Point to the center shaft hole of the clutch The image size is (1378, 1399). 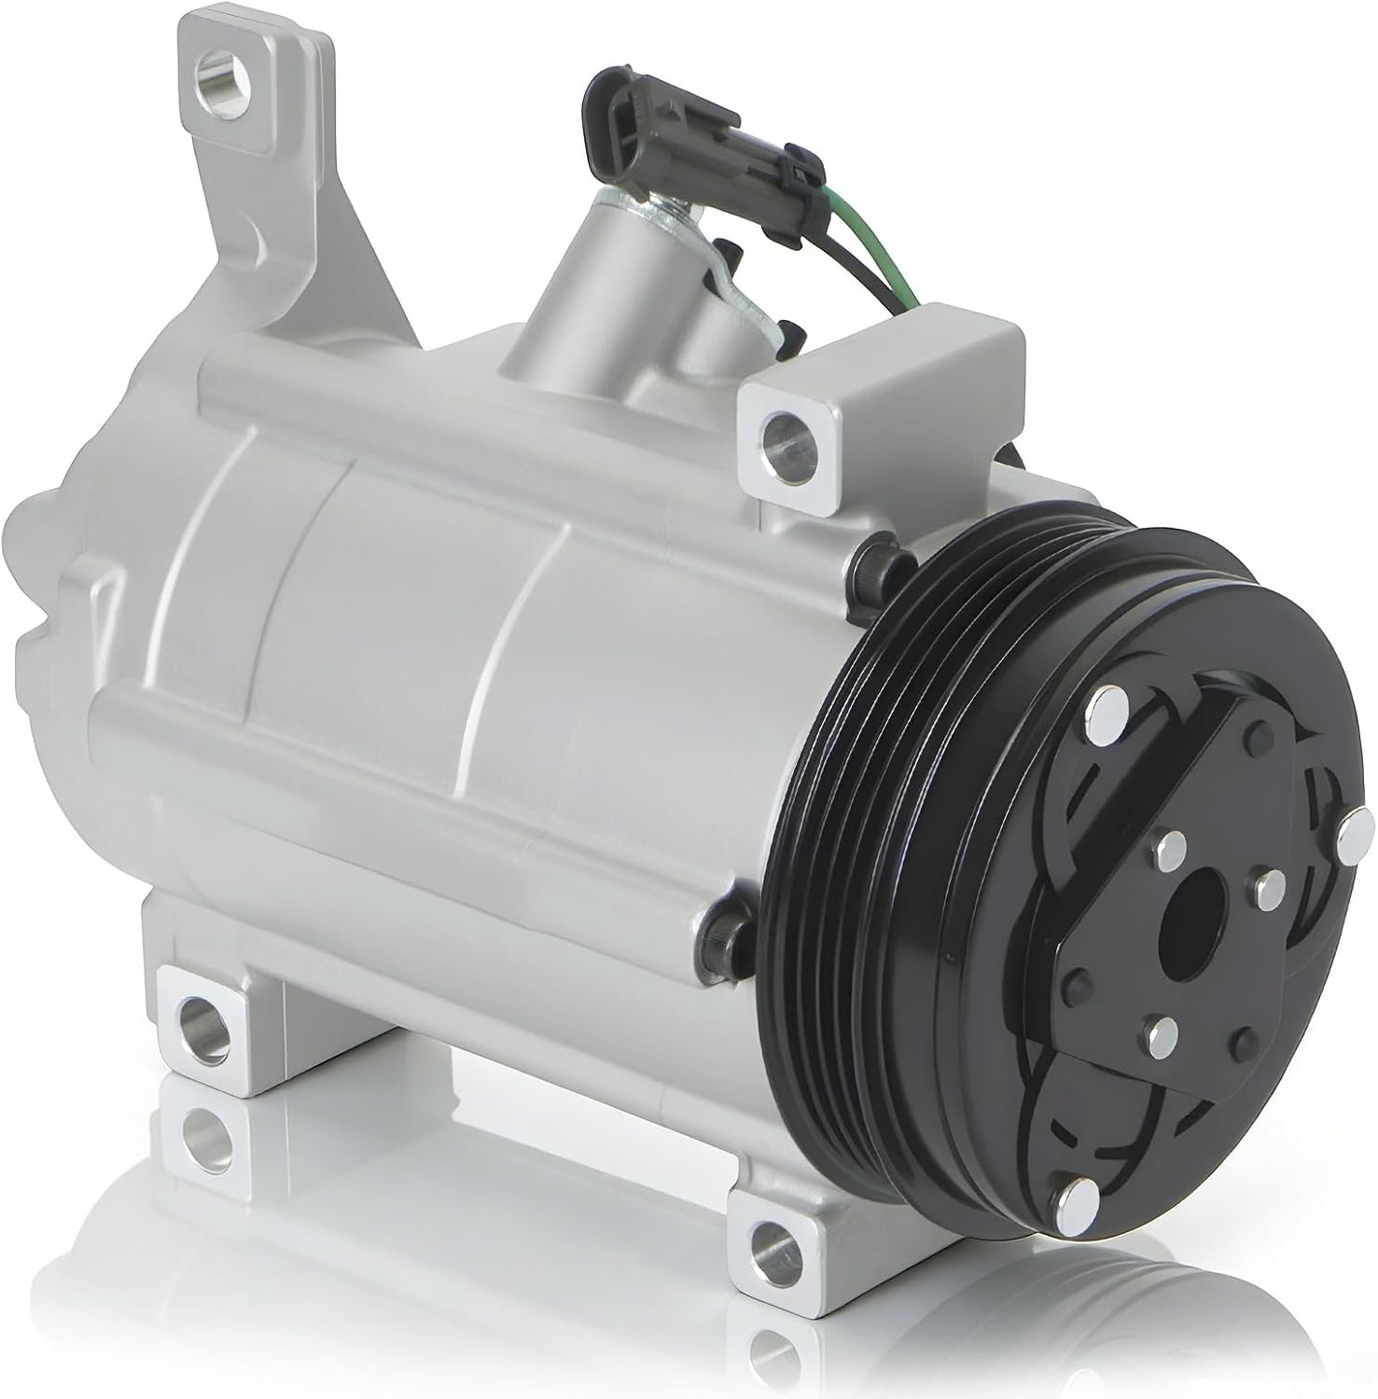(1197, 898)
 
